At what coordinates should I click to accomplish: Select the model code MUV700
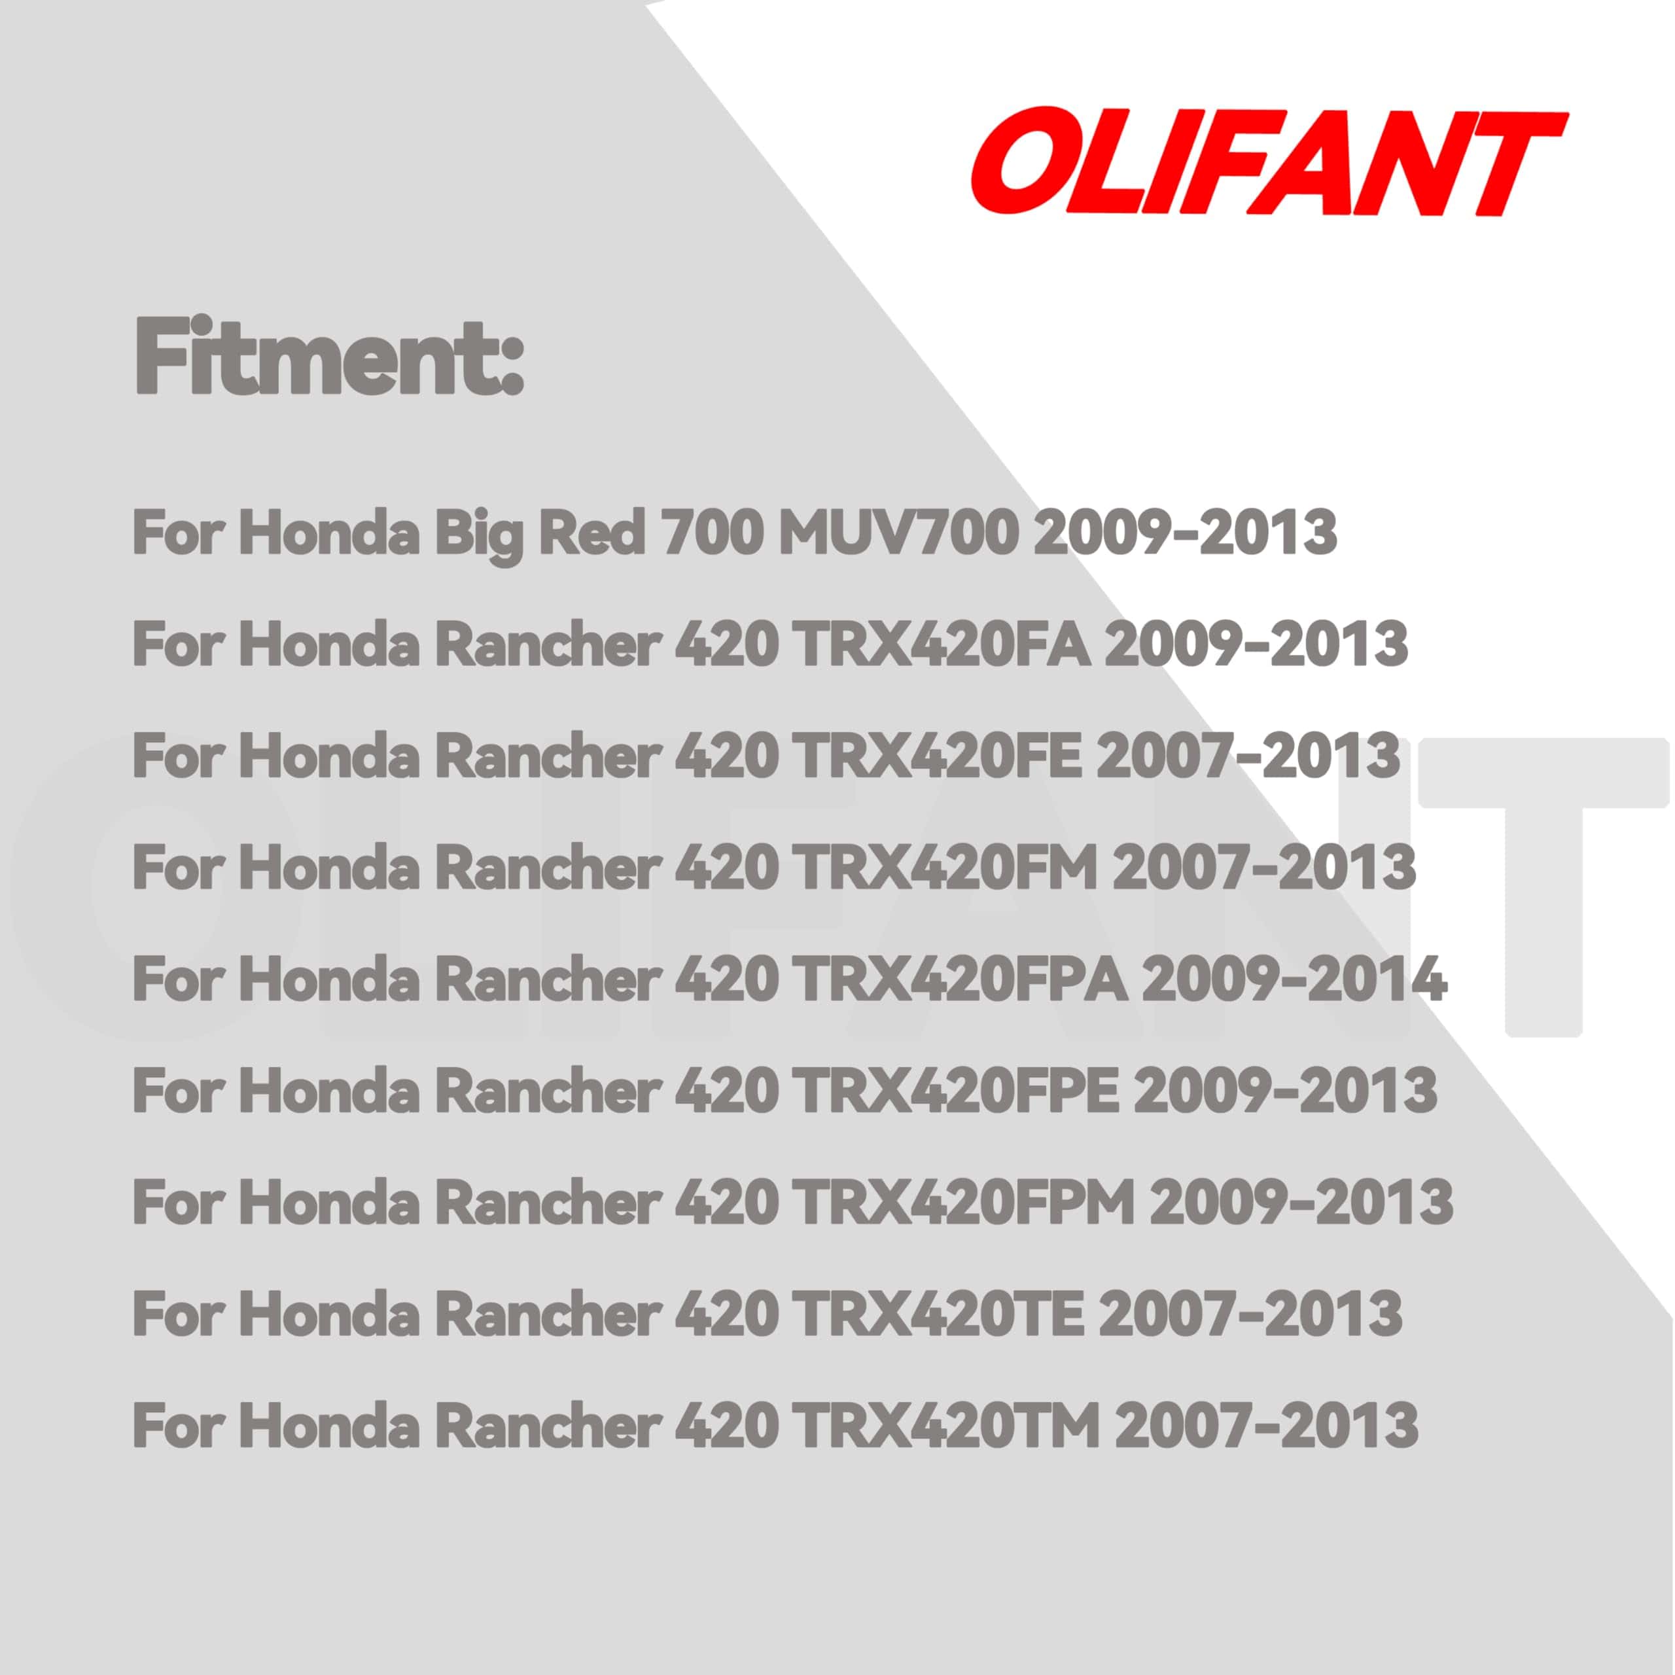coord(899,533)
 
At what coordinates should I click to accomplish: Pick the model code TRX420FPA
coord(961,979)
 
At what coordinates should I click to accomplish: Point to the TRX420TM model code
coord(947,1425)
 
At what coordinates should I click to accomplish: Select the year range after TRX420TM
coord(1267,1425)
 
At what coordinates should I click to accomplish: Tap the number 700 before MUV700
coord(712,533)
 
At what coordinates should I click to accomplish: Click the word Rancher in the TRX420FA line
coord(547,645)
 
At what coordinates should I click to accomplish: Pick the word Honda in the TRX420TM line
coord(330,1425)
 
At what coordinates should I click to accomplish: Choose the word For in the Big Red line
coord(179,533)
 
